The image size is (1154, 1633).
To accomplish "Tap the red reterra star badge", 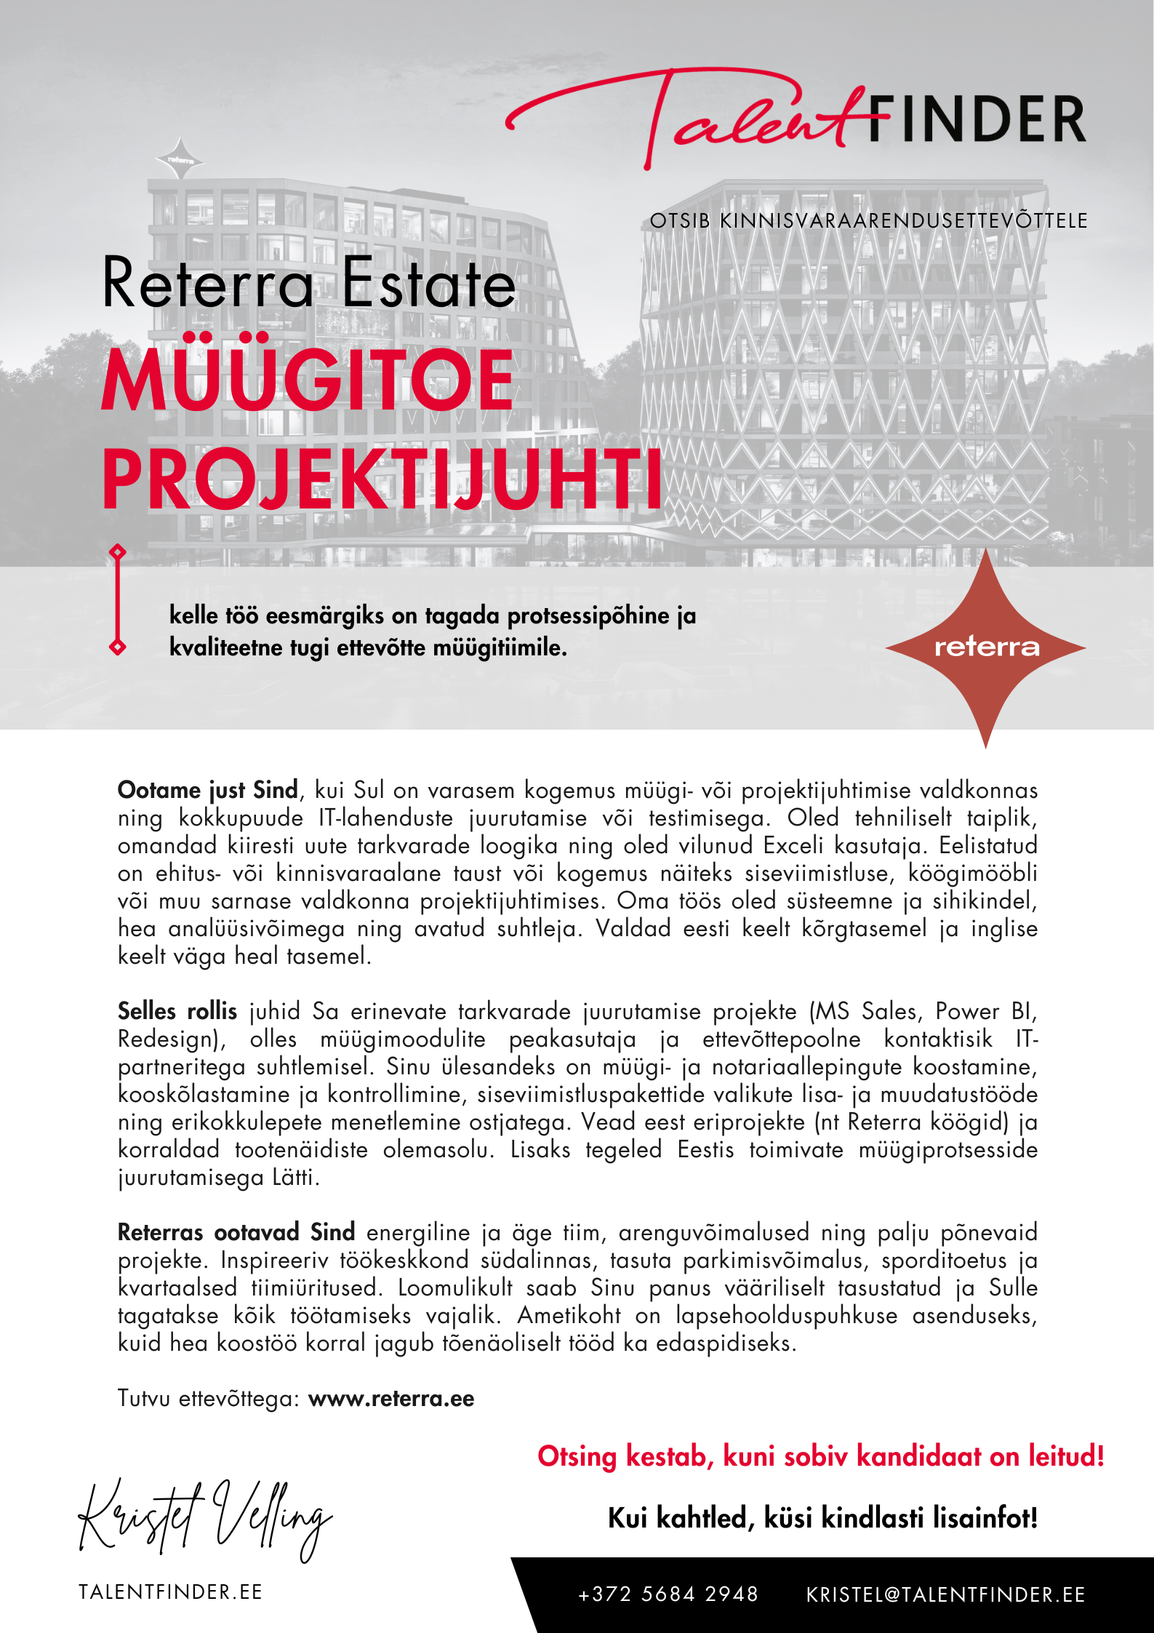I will [x=985, y=647].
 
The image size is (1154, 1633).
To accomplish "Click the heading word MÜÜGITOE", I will [x=308, y=380].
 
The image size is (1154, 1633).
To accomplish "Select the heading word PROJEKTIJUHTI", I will [x=382, y=480].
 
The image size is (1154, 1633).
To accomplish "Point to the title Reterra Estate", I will [x=309, y=284].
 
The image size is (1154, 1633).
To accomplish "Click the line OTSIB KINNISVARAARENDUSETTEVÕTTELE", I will [x=868, y=221].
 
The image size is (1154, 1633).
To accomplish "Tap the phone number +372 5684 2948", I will [x=668, y=1594].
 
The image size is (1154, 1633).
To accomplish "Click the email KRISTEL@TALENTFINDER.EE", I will [x=945, y=1594].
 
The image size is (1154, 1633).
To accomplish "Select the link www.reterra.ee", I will [x=391, y=1399].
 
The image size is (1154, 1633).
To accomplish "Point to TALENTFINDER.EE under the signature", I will [x=170, y=1592].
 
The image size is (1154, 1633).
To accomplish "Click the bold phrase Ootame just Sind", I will [x=208, y=790].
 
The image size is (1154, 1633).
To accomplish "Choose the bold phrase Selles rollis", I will [x=177, y=1011].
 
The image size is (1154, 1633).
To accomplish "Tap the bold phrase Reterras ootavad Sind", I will [x=236, y=1232].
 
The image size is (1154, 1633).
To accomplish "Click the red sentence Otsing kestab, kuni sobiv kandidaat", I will [x=820, y=1456].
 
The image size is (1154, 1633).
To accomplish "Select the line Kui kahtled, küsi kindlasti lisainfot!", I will [x=822, y=1518].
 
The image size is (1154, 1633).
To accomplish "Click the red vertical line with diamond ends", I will [x=117, y=600].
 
